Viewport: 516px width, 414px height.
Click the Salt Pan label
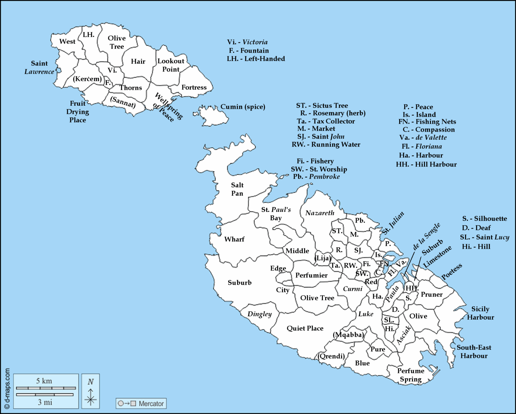237,189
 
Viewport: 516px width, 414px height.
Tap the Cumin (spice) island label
243,107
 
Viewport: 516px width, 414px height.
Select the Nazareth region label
320,213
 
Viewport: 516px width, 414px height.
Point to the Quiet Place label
305,328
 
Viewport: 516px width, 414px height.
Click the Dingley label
259,314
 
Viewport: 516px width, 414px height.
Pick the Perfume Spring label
411,375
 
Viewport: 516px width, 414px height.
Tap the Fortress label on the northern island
194,87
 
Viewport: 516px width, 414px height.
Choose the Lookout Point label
171,65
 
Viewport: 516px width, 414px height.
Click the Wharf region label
234,239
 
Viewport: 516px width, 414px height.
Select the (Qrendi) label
331,356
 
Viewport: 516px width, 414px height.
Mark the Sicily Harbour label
480,313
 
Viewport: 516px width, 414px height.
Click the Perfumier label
311,275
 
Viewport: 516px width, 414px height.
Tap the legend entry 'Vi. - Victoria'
247,42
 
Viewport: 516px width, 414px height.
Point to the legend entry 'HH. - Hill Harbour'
426,164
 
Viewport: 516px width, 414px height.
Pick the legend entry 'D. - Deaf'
476,228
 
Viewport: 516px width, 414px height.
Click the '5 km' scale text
44,381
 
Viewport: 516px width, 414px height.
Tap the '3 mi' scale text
45,402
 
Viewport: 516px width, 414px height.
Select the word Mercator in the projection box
151,403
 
